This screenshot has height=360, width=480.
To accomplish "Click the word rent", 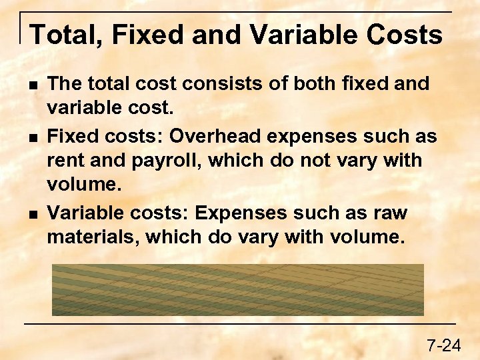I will pyautogui.click(x=65, y=161).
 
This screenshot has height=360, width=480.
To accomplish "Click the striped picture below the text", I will pyautogui.click(x=238, y=289).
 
